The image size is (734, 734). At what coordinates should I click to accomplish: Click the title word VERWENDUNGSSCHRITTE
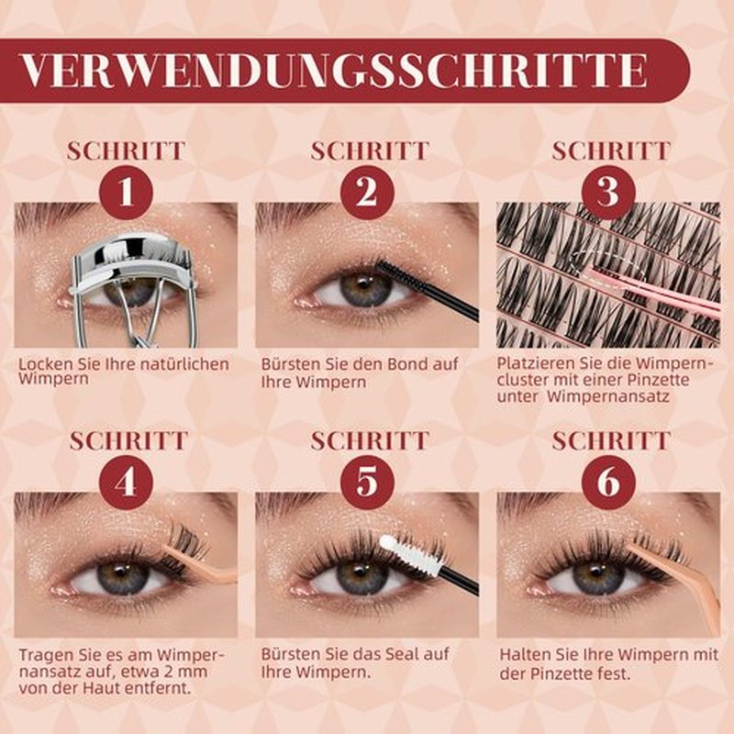(x=334, y=71)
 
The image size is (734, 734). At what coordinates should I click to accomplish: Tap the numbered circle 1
(x=127, y=193)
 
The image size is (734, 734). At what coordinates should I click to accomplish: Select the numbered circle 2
(x=368, y=193)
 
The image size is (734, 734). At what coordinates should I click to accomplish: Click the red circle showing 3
(x=608, y=193)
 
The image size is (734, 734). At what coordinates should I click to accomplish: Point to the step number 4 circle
(x=127, y=483)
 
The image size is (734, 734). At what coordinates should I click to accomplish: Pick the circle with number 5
(x=368, y=483)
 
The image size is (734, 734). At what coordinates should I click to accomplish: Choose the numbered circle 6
(x=608, y=483)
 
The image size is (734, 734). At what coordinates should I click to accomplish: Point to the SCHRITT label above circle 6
(x=611, y=441)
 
